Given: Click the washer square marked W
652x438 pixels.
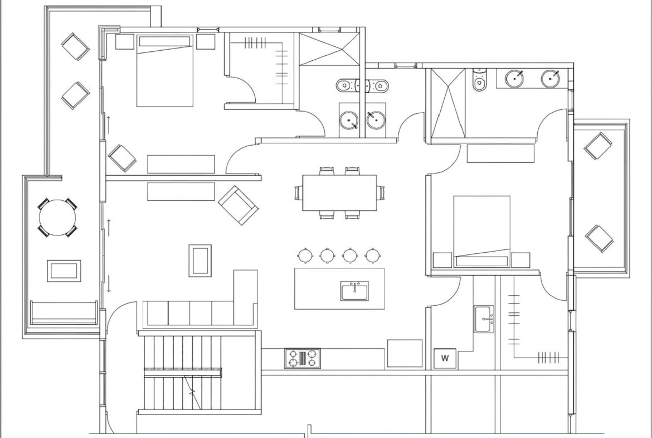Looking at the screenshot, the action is coord(445,358).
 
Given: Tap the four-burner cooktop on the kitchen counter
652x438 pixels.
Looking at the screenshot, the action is coord(303,358).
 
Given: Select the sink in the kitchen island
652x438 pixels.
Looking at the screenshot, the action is coord(354,291).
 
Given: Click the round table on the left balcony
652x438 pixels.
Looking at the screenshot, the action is coord(58,218).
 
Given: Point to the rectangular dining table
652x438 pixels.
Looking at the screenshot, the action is coord(340,192).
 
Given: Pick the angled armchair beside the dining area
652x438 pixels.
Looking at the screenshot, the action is coord(239,205).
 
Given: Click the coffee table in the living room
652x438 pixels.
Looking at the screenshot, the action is coord(200,261).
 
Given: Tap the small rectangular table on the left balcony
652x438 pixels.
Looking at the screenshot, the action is coord(64,271).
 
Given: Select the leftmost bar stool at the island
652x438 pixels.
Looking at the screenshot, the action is coord(305,255).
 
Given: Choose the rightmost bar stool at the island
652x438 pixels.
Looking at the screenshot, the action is coord(372,255).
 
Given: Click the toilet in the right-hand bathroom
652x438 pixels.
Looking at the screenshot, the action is coord(479,80).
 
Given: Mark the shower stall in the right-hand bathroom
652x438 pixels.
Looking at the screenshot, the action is coord(448,103).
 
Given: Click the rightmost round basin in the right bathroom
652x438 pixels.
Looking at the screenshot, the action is coord(551,79).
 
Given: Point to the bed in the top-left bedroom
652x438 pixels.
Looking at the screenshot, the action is coord(165,70).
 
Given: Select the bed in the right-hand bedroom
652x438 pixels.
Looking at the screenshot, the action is coord(482,232).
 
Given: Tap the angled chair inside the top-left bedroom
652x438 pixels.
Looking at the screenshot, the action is coord(122,158).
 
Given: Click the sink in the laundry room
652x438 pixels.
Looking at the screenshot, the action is coord(484,319).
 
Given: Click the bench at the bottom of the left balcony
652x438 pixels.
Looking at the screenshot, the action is coord(64,312).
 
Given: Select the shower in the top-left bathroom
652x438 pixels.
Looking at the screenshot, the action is coord(329,49).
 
